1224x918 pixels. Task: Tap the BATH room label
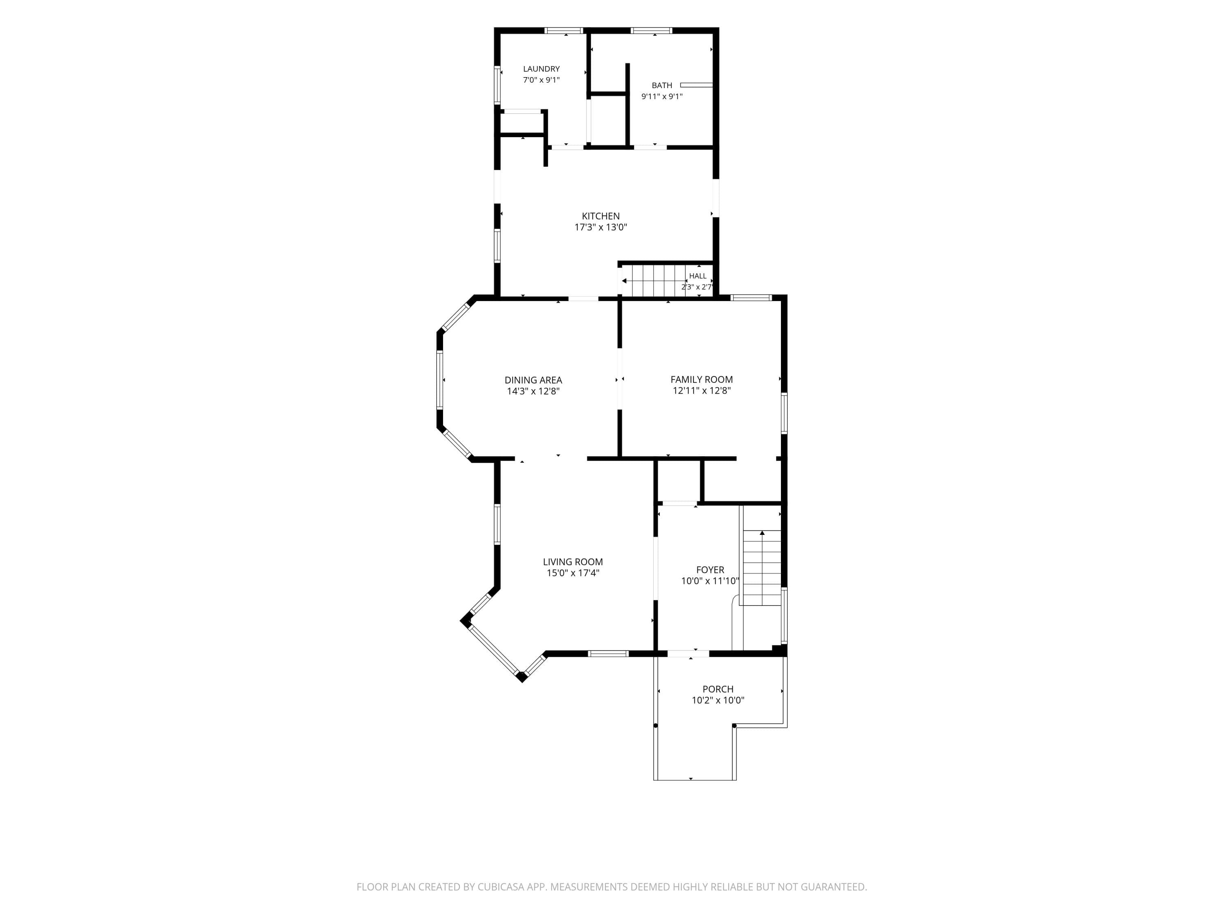click(x=662, y=86)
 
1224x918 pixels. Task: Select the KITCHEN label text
click(x=601, y=216)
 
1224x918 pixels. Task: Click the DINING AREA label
click(x=533, y=380)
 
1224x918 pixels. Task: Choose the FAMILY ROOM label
click(x=702, y=379)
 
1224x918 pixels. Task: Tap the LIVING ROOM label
click(x=573, y=562)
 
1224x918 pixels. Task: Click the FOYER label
click(x=710, y=570)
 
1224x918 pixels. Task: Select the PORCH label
click(x=718, y=690)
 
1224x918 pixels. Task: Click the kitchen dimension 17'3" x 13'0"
click(x=601, y=227)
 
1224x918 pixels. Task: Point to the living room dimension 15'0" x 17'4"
click(x=573, y=573)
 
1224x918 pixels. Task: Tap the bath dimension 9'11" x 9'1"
click(x=662, y=97)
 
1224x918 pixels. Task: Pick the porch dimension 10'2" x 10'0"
click(x=718, y=701)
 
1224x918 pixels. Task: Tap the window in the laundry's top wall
click(x=564, y=31)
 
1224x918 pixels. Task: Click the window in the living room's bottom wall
click(x=608, y=654)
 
